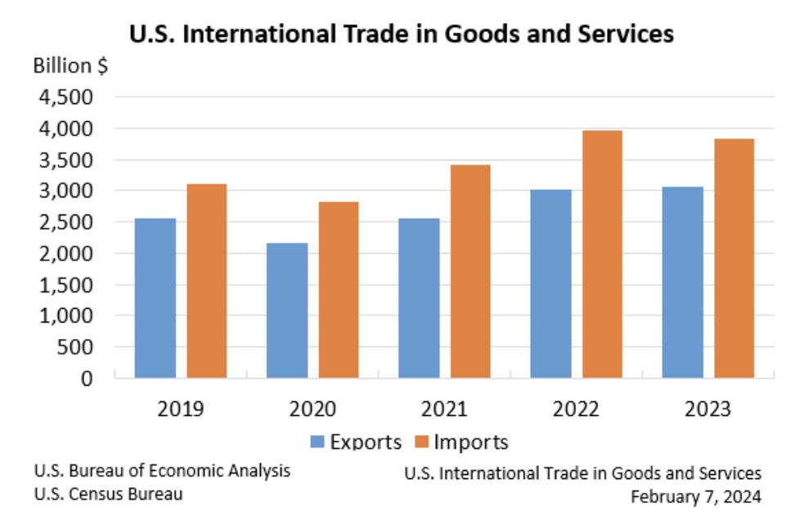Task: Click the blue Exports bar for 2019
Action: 155,298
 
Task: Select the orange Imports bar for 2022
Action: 602,254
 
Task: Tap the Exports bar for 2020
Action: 287,310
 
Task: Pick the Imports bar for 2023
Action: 734,258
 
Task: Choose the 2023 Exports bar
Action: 683,283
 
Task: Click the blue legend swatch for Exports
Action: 319,442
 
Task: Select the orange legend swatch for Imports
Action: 422,442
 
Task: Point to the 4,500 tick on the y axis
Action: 65,97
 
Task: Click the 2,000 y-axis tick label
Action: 65,253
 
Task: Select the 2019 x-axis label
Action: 182,407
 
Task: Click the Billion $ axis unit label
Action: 70,66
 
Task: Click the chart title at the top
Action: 401,34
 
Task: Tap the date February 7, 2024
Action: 696,496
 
